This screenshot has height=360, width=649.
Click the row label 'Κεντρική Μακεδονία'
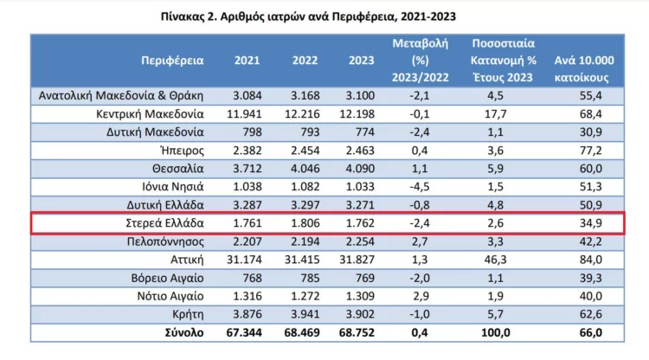click(150, 113)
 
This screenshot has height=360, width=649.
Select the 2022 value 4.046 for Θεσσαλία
click(301, 169)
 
